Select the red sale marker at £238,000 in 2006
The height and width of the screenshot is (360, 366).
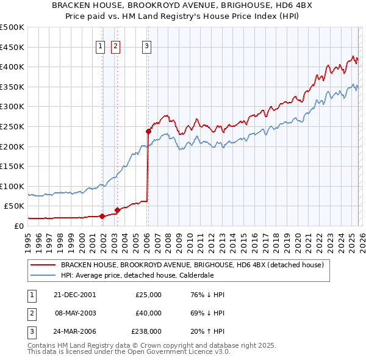[x=148, y=131]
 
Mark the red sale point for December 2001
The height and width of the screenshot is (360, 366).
[x=102, y=215]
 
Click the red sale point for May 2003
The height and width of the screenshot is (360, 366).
[x=117, y=209]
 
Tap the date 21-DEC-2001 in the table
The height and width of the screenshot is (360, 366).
[x=74, y=295]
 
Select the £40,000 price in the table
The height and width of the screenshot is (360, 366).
[x=148, y=313]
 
